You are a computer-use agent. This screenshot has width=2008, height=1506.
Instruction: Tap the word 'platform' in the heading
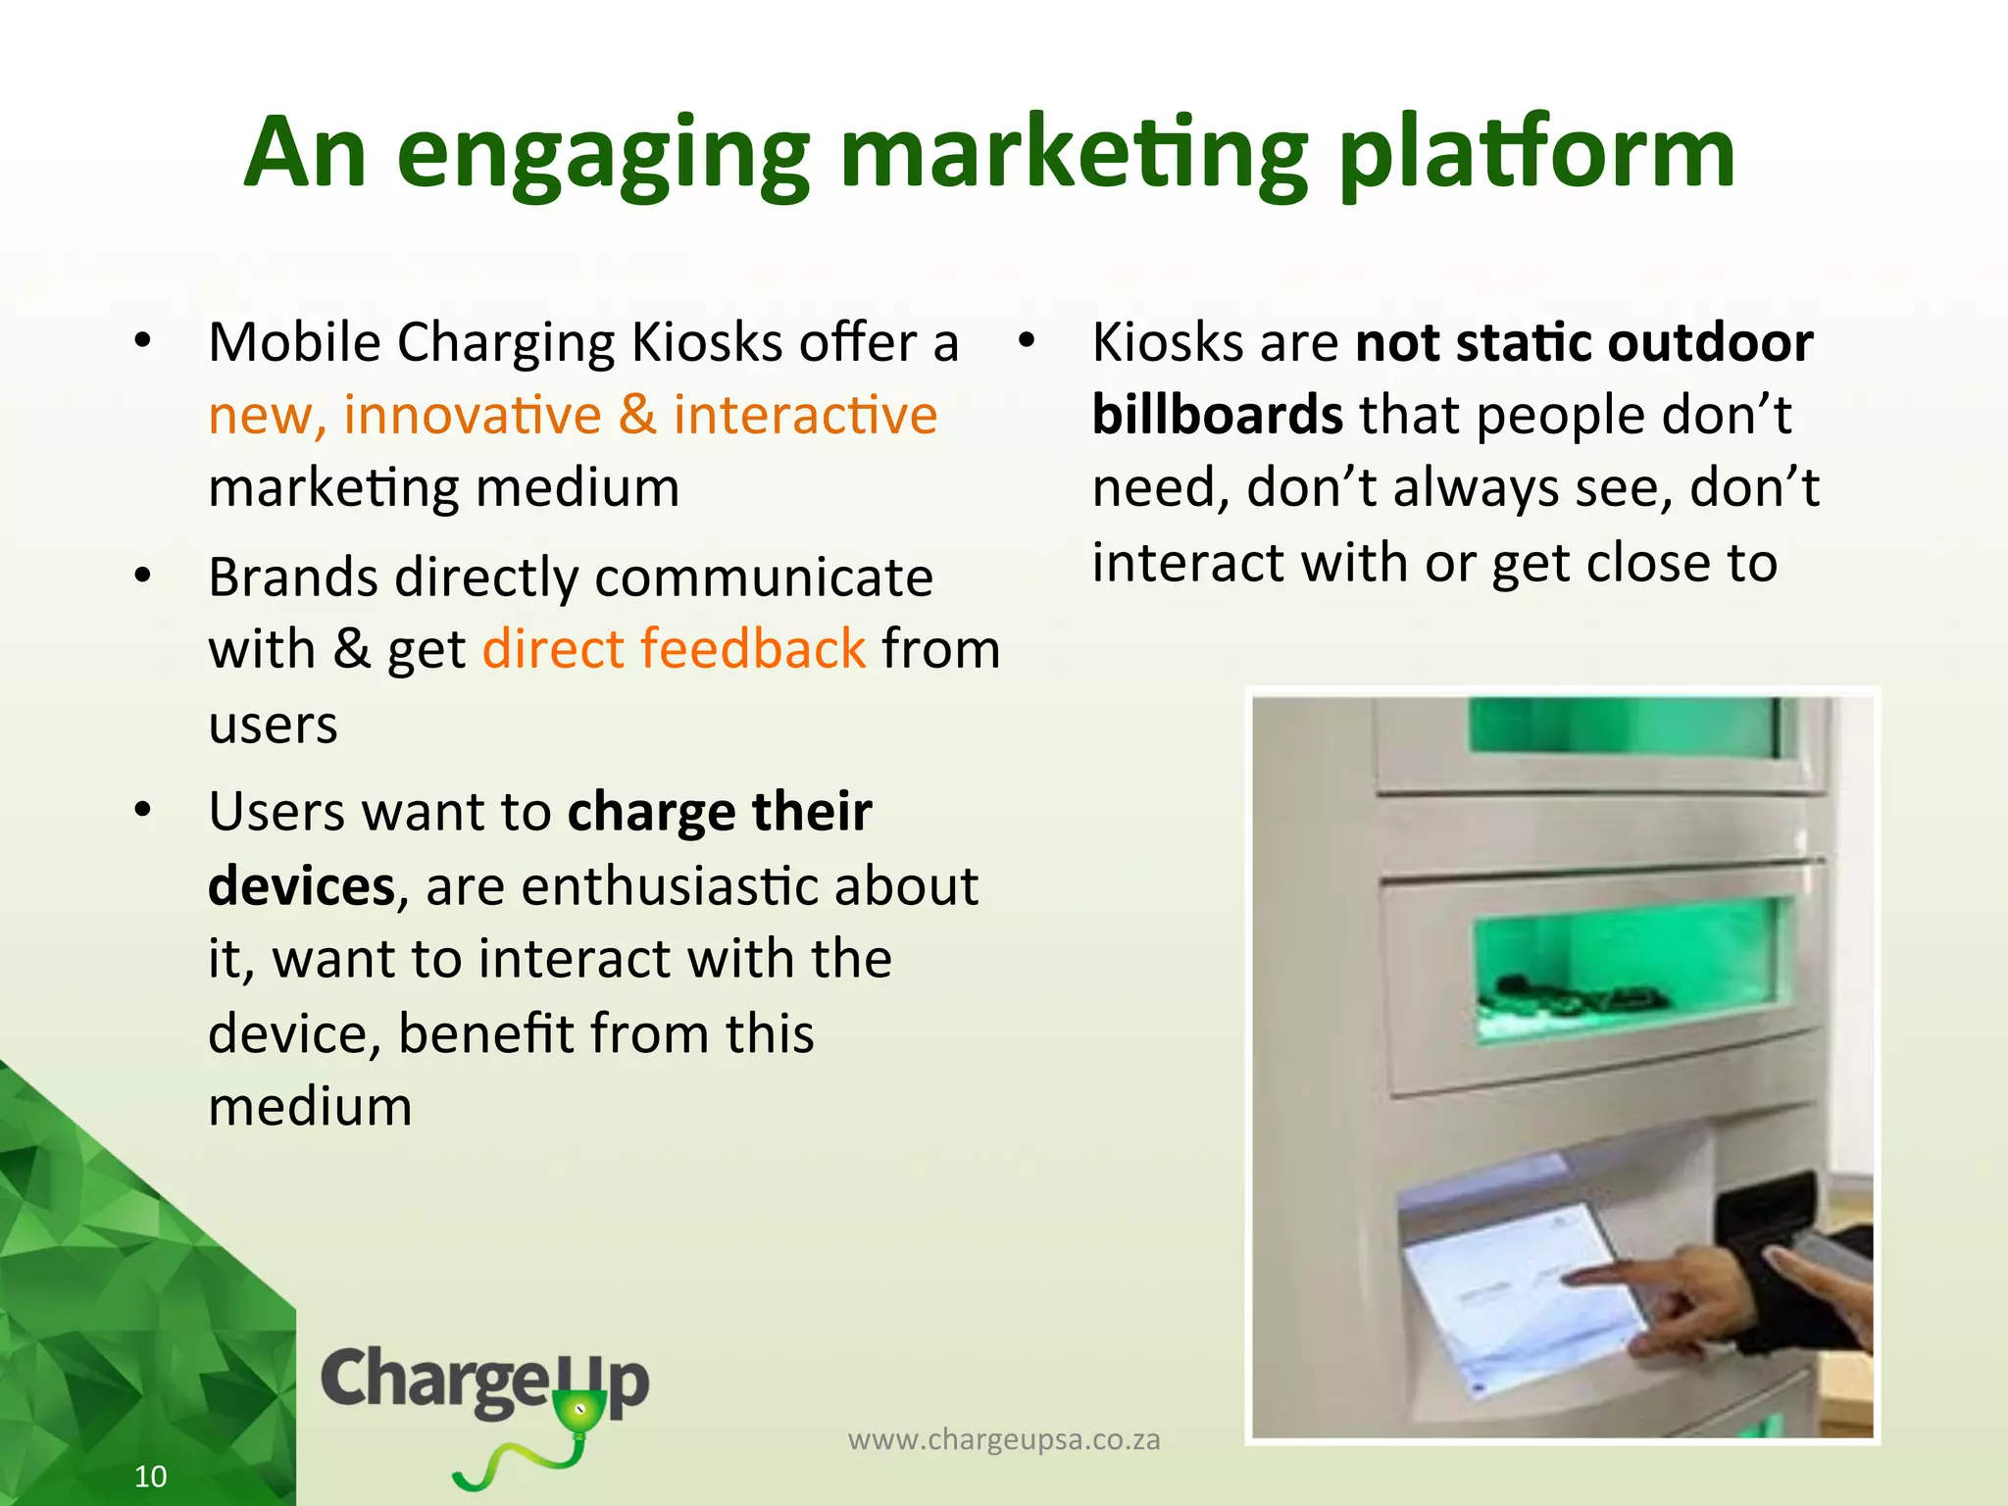click(1536, 153)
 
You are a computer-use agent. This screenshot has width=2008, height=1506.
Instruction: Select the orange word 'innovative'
click(472, 415)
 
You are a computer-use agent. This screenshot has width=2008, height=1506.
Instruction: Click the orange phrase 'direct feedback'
click(674, 649)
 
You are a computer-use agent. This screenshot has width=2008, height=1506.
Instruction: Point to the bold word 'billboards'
click(1217, 415)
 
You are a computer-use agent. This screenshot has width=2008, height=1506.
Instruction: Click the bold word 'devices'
click(301, 886)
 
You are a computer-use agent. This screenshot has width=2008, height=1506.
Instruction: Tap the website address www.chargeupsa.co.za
click(1003, 1439)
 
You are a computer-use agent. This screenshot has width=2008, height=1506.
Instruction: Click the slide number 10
click(150, 1476)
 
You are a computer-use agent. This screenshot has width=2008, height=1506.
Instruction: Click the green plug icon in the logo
click(579, 1418)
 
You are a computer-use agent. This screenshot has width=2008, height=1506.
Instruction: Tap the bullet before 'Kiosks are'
click(1026, 341)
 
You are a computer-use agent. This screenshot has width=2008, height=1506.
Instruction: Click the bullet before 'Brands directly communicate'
click(143, 576)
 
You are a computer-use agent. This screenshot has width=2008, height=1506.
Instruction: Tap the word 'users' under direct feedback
click(273, 725)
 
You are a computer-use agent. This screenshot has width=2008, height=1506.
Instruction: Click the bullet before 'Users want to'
click(143, 811)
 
